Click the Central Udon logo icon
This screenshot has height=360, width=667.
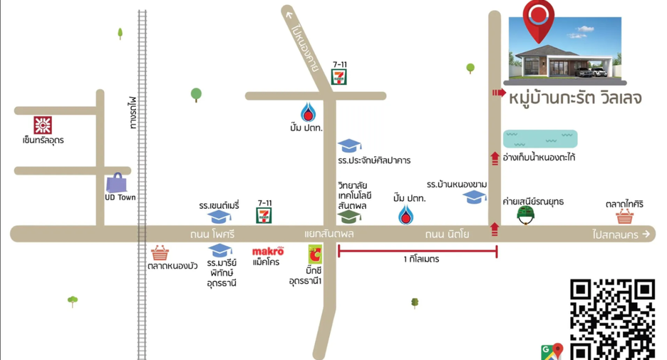coord(43,125)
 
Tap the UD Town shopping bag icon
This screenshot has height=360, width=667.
coord(116,183)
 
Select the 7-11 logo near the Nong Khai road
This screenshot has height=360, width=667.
coord(339,77)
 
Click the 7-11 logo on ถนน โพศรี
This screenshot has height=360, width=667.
coord(264,215)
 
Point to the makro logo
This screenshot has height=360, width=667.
coord(268,251)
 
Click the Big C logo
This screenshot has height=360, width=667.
coord(315,254)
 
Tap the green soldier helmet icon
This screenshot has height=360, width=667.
coord(526,215)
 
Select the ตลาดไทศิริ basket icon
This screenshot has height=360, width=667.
coord(624,217)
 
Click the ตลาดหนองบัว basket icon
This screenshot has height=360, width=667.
coord(160,253)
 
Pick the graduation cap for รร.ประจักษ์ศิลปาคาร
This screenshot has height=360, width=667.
coord(350,146)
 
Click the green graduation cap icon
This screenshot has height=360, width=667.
coord(349,216)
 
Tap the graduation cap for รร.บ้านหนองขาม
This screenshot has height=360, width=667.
coord(475,197)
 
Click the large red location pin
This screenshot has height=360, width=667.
coord(539,21)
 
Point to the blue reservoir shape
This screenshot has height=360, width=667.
coord(540,139)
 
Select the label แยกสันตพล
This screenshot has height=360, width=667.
coord(329,234)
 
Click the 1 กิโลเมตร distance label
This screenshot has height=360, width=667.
coord(421,259)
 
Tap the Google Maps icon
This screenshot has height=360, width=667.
coord(552,351)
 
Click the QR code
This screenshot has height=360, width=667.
coord(613,319)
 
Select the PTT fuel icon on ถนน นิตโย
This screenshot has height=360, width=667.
coord(405,215)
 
